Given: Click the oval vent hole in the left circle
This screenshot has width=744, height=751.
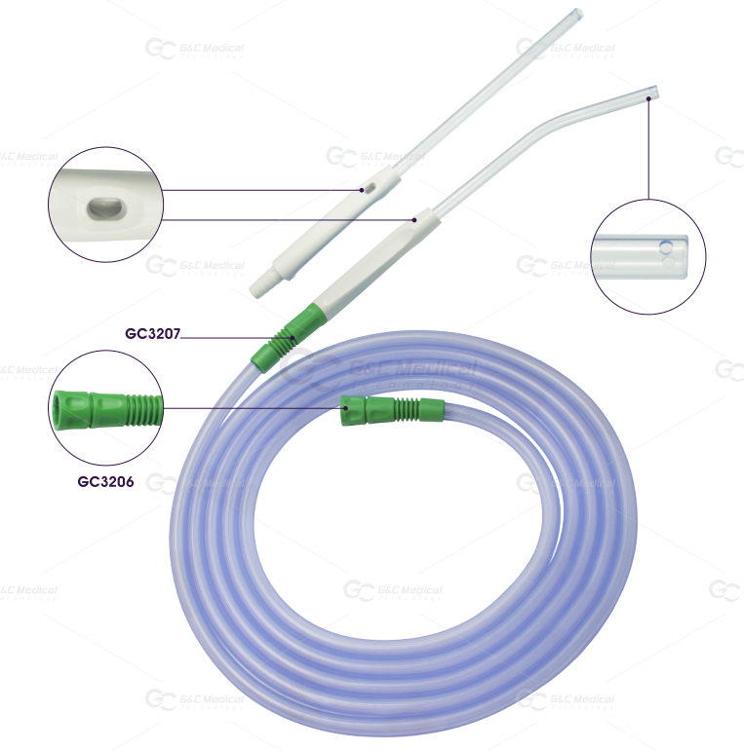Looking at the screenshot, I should pyautogui.click(x=101, y=207).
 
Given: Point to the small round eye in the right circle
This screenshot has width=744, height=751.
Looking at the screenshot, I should pyautogui.click(x=664, y=249).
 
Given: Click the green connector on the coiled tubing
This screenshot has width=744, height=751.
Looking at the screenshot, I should pyautogui.click(x=389, y=409).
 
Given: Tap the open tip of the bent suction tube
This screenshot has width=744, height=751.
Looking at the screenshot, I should pyautogui.click(x=652, y=94).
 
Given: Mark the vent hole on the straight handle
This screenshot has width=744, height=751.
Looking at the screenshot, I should pyautogui.click(x=363, y=190).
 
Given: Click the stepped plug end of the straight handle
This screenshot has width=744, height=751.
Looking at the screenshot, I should pyautogui.click(x=261, y=285).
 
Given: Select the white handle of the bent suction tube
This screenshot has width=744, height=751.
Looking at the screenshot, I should pyautogui.click(x=374, y=259).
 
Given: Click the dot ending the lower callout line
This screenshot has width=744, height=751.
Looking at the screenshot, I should pyautogui.click(x=414, y=220).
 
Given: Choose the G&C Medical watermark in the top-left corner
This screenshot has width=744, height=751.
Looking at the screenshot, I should pyautogui.click(x=195, y=48).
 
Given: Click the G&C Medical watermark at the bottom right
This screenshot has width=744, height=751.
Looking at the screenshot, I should pyautogui.click(x=566, y=699).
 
